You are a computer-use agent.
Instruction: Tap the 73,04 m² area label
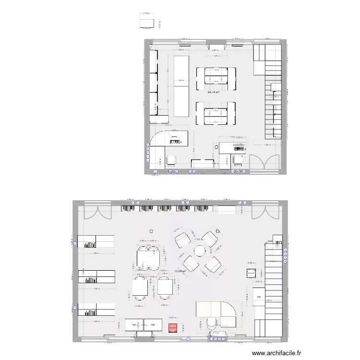(180, 271)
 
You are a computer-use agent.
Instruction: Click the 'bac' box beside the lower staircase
(260, 298)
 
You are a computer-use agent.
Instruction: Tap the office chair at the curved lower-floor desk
(210, 324)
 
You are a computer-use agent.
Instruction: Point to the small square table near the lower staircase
(250, 274)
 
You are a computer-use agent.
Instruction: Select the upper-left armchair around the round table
(182, 239)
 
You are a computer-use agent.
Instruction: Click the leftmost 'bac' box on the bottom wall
(134, 325)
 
